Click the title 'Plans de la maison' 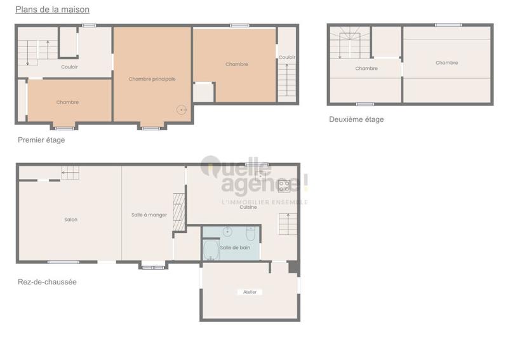[52, 10]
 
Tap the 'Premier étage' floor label [41, 140]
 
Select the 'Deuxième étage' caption [356, 119]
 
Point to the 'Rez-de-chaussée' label [47, 282]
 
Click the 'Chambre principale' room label [152, 79]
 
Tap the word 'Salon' [70, 220]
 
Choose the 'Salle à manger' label [149, 215]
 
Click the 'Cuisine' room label [248, 208]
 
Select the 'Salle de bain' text [235, 247]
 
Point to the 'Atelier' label [250, 292]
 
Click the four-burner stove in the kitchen [284, 185]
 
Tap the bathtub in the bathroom [211, 250]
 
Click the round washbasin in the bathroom [227, 231]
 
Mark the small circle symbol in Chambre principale [182, 110]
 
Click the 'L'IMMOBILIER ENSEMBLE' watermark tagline [264, 202]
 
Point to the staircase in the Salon [70, 172]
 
